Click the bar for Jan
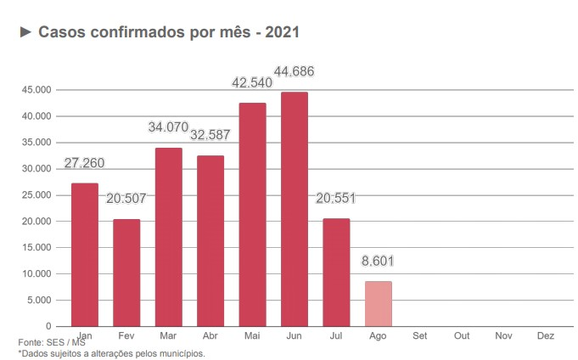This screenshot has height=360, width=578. pyautogui.click(x=84, y=255)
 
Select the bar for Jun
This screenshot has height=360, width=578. pyautogui.click(x=294, y=209)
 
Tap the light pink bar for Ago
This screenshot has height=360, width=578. pyautogui.click(x=378, y=304)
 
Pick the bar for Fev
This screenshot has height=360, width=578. pyautogui.click(x=126, y=273)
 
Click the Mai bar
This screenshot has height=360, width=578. pyautogui.click(x=252, y=215)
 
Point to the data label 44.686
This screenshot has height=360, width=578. pyautogui.click(x=294, y=73)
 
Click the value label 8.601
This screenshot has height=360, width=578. pyautogui.click(x=378, y=262)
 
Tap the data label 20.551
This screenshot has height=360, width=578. pyautogui.click(x=335, y=199)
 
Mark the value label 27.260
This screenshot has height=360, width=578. pyautogui.click(x=84, y=163)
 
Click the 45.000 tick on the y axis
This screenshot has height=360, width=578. pyautogui.click(x=36, y=90)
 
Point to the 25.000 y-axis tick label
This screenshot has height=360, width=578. pyautogui.click(x=36, y=195)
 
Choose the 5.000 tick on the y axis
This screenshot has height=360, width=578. pyautogui.click(x=39, y=301)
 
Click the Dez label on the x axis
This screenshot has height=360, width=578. pyautogui.click(x=546, y=336)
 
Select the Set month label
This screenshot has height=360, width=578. pyautogui.click(x=419, y=336)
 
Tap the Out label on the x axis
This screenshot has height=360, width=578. pyautogui.click(x=462, y=336)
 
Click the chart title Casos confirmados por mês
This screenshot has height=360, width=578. pyautogui.click(x=169, y=32)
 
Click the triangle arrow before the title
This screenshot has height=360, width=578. pyautogui.click(x=25, y=32)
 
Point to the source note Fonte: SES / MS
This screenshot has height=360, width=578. pyautogui.click(x=51, y=343)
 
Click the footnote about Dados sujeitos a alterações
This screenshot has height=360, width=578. pyautogui.click(x=111, y=353)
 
